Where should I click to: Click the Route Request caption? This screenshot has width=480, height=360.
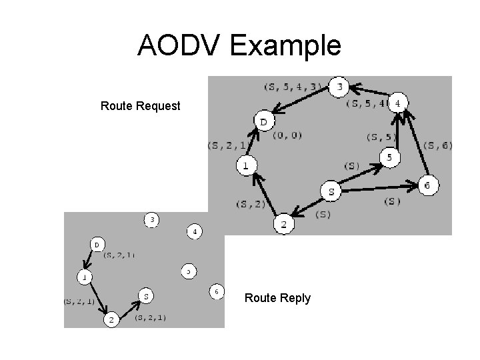tap(140, 106)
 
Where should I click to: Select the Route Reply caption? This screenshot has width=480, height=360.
tap(277, 298)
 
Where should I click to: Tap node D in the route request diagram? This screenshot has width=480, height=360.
tap(263, 121)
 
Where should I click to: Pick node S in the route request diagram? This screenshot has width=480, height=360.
tap(331, 191)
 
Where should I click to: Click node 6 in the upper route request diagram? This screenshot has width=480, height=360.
tap(427, 185)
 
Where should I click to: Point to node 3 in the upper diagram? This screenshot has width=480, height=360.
tap(339, 87)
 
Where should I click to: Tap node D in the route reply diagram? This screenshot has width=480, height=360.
tap(96, 245)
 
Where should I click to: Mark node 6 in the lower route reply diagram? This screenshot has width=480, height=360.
tap(216, 291)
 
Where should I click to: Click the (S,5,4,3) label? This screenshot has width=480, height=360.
tap(293, 86)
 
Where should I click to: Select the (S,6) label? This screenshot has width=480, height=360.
tap(437, 146)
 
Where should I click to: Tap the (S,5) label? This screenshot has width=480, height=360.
tap(381, 137)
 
